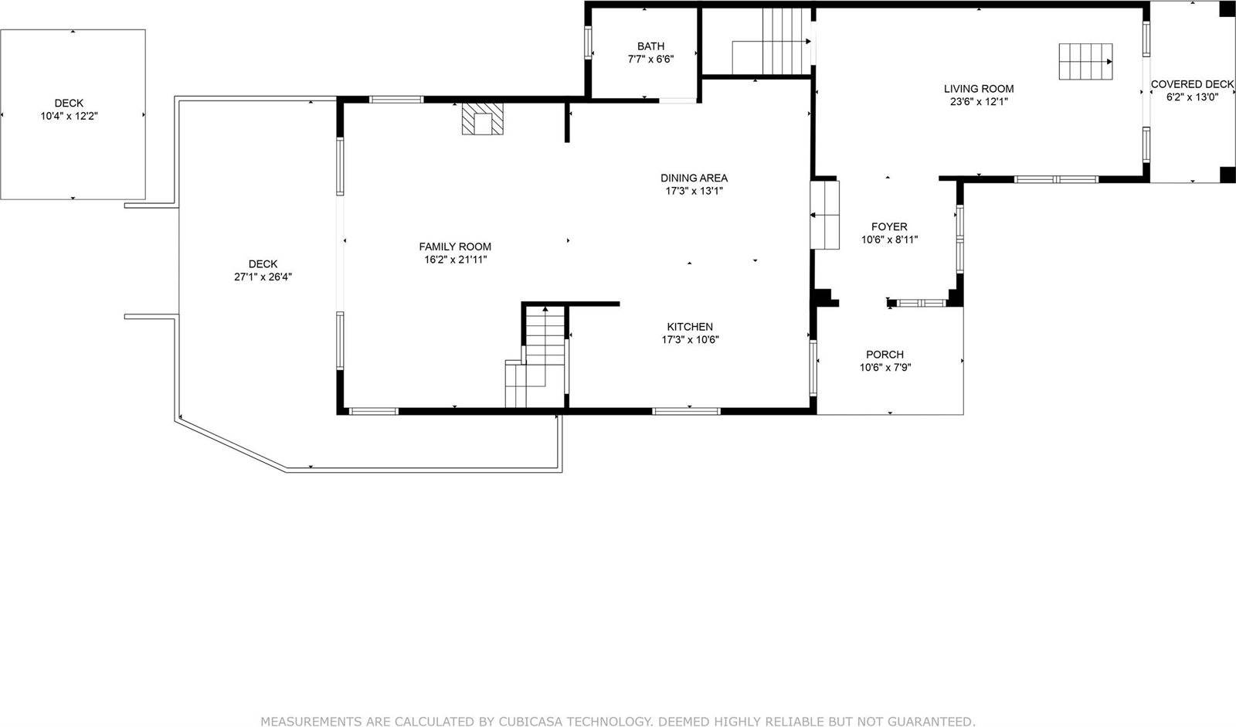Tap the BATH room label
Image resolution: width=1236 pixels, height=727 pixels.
(650, 46)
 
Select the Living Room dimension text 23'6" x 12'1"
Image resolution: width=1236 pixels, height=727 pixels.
(978, 101)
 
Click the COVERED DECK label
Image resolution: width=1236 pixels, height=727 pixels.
(1192, 84)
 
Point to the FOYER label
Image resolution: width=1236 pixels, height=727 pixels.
(889, 226)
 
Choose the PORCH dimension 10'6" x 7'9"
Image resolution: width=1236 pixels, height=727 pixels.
(885, 368)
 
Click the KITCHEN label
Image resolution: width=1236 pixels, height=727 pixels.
(690, 327)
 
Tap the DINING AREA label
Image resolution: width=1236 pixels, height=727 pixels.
(694, 178)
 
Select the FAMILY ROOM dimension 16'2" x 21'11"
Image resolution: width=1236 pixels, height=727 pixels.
(455, 260)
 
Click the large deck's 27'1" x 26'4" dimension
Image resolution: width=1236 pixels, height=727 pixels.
(263, 277)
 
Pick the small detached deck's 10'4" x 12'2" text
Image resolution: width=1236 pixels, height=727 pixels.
(69, 116)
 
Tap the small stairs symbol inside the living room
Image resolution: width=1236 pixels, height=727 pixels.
(1085, 62)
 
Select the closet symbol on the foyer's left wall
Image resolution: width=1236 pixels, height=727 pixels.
(824, 215)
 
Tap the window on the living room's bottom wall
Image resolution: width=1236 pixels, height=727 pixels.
(1055, 179)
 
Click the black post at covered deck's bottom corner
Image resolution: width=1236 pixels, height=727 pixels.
(1227, 175)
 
